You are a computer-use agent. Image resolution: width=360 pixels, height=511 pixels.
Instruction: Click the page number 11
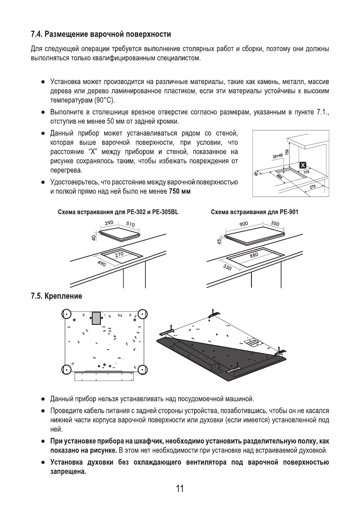click(x=179, y=489)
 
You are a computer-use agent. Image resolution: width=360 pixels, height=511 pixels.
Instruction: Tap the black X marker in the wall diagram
click(x=303, y=166)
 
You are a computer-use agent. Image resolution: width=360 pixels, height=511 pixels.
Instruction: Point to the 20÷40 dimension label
click(x=278, y=157)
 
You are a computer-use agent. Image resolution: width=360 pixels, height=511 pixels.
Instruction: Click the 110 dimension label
click(x=306, y=172)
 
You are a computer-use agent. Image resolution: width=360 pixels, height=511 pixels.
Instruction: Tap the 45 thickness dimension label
click(x=219, y=242)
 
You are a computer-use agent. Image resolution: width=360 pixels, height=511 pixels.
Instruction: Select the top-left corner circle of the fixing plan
click(x=66, y=314)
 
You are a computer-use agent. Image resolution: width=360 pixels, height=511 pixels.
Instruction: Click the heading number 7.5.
click(x=36, y=296)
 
